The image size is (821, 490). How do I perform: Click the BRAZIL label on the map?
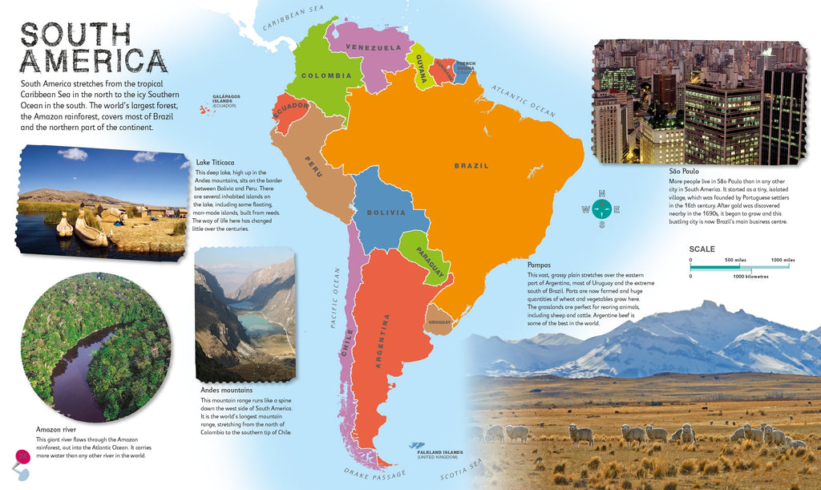(471, 166)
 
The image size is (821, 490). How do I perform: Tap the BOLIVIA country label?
(386, 213)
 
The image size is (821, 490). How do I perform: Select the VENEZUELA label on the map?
(373, 47)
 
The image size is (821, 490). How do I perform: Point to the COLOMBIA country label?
(326, 75)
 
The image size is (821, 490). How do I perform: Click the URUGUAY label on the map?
(440, 322)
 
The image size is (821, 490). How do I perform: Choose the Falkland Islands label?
(440, 454)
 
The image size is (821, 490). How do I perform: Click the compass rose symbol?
(602, 209)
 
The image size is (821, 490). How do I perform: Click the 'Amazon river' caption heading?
(58, 429)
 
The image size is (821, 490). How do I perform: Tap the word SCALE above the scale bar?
(702, 249)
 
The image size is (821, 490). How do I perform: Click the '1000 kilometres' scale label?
(750, 276)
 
